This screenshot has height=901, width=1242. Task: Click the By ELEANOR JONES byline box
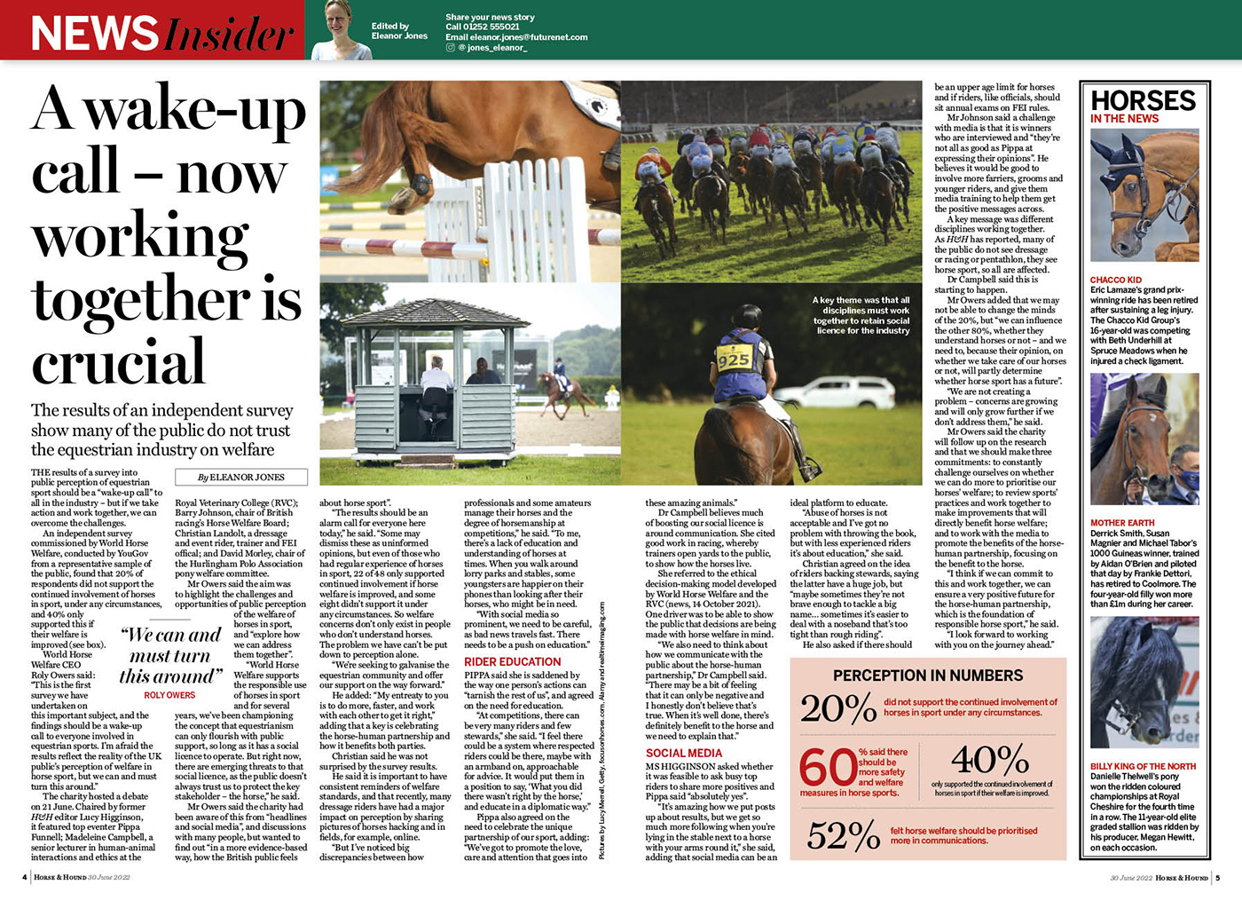[x=241, y=477]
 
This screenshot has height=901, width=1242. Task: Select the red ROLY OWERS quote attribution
[x=169, y=695]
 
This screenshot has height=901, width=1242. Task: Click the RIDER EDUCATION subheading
[x=512, y=661]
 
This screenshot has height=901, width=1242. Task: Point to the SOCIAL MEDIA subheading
[x=683, y=753]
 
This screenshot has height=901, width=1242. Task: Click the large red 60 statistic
[x=827, y=767]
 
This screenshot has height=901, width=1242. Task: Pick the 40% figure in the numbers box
[x=989, y=760]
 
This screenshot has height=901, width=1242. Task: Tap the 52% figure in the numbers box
[x=844, y=835]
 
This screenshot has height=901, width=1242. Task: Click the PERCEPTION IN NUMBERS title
[x=927, y=676]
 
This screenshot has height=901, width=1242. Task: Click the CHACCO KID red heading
[x=1115, y=280]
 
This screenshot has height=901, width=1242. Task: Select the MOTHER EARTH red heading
[x=1122, y=523]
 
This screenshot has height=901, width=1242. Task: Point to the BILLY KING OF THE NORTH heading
[x=1143, y=766]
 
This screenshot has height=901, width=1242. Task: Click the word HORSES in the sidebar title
[x=1143, y=100]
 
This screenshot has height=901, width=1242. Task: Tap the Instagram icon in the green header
[x=451, y=48]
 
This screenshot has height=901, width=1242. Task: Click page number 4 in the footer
[x=24, y=877]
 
